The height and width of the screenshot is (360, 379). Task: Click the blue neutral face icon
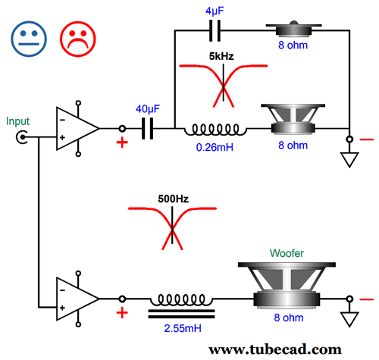click(x=29, y=39)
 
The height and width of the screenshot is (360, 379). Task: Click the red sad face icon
click(x=78, y=39)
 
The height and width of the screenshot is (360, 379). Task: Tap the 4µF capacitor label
click(x=215, y=11)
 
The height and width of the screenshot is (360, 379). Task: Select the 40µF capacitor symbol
click(x=147, y=128)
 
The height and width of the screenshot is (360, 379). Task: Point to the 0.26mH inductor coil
click(x=215, y=130)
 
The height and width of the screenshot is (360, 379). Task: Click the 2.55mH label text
click(x=183, y=328)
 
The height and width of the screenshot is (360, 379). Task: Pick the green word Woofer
click(x=287, y=253)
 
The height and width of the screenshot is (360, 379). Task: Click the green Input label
click(x=17, y=121)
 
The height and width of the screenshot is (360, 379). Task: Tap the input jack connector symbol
click(x=22, y=137)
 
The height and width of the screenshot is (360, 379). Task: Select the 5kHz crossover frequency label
click(x=221, y=56)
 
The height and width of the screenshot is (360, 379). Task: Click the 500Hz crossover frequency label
click(x=174, y=199)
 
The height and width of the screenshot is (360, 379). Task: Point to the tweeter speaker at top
click(x=293, y=29)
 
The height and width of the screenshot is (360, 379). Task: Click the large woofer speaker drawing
click(x=287, y=285)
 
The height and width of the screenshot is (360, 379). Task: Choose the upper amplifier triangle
click(x=77, y=128)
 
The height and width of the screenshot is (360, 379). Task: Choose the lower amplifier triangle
click(x=77, y=299)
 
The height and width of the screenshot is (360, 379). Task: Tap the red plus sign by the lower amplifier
click(x=122, y=313)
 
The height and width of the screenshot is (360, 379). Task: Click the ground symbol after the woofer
click(x=349, y=319)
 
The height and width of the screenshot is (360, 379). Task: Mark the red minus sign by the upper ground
click(x=366, y=139)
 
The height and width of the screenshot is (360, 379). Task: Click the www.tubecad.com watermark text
click(x=275, y=349)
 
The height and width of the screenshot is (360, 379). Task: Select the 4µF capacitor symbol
click(x=215, y=30)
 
